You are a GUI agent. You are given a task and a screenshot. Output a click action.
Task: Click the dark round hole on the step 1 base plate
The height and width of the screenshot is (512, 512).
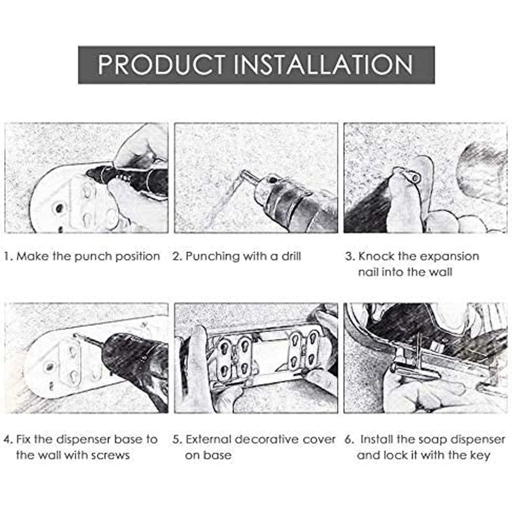coord(59,207)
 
